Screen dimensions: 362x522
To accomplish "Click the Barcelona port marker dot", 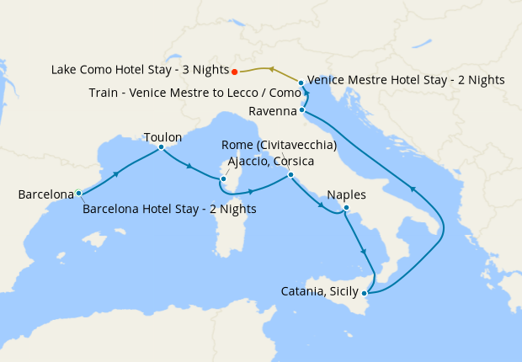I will pyautogui.click(x=78, y=194).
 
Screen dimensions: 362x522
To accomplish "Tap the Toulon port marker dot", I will pyautogui.click(x=161, y=146).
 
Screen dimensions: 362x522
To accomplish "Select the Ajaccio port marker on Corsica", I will pyautogui.click(x=222, y=178).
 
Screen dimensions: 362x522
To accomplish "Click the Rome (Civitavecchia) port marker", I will pyautogui.click(x=290, y=175).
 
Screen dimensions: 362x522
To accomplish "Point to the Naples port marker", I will pyautogui.click(x=346, y=209).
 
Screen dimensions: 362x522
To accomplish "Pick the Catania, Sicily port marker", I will pyautogui.click(x=364, y=293).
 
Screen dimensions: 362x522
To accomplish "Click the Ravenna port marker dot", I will pyautogui.click(x=301, y=110).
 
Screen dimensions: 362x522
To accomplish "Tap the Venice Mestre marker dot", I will pyautogui.click(x=301, y=83).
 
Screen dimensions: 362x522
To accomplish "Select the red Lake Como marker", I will pyautogui.click(x=234, y=72).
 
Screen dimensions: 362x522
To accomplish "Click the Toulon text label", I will pyautogui.click(x=162, y=136).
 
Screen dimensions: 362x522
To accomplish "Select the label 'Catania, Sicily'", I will pyautogui.click(x=320, y=292).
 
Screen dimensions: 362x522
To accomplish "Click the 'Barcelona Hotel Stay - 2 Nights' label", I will pyautogui.click(x=169, y=209).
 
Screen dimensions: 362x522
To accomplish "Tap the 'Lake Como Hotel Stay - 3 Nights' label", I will pyautogui.click(x=141, y=72).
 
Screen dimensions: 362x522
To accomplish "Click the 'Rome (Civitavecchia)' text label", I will pyautogui.click(x=279, y=146).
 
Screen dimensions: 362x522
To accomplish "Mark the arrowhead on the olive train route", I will pyautogui.click(x=270, y=68).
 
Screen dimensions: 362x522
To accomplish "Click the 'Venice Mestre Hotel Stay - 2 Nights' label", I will pyautogui.click(x=406, y=80).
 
